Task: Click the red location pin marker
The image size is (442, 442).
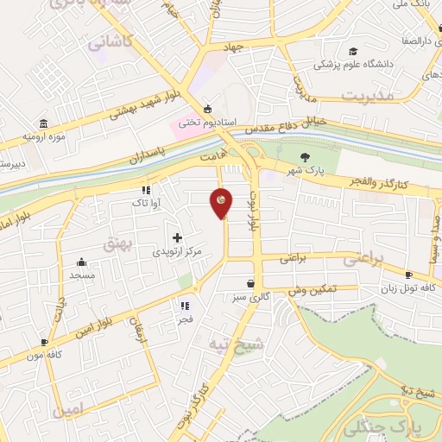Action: (222, 202)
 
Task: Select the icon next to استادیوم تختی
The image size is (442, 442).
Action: (207, 109)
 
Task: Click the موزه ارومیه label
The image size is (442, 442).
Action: (43, 138)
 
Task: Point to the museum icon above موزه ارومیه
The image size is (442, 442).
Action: (43, 124)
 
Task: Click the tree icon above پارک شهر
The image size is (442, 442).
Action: (303, 157)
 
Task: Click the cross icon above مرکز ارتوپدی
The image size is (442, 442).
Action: (177, 237)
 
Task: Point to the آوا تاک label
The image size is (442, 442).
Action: (145, 202)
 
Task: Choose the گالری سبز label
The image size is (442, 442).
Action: (250, 298)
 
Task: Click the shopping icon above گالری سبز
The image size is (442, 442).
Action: (250, 283)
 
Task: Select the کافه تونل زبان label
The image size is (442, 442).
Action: (408, 288)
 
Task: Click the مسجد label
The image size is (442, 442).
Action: (83, 276)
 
